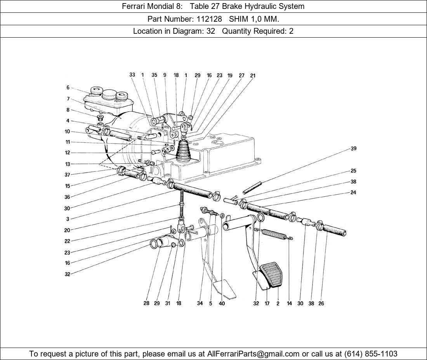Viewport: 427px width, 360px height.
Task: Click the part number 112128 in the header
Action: pos(213,19)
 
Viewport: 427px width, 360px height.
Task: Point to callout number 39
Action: pos(353,149)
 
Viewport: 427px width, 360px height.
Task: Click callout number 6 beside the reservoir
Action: pos(68,88)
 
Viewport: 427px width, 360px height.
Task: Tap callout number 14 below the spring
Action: pos(289,304)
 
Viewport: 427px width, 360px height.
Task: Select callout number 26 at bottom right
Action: pos(321,304)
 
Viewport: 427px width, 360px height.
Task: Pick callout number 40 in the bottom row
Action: pos(222,304)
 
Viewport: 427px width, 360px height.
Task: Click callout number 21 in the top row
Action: pos(253,76)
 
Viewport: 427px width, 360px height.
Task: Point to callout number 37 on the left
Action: pos(68,175)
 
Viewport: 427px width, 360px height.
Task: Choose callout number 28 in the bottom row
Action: pos(146,304)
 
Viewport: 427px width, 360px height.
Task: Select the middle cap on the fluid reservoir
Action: pos(108,94)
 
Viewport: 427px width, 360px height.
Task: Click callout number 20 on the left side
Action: pos(68,230)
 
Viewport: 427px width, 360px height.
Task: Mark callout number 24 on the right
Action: pos(353,192)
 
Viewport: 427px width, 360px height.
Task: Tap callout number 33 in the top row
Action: pos(132,75)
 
